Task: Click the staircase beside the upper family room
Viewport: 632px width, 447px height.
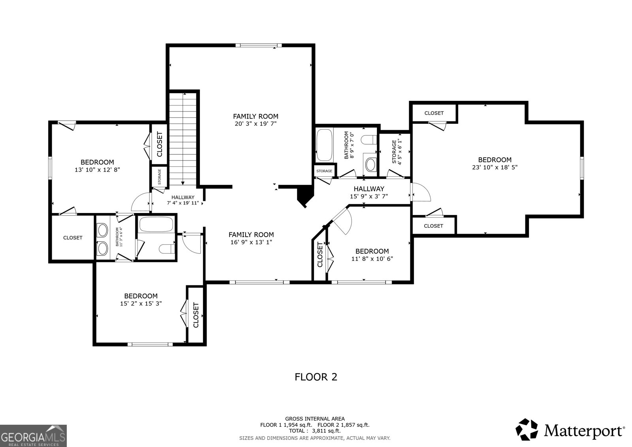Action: (183, 138)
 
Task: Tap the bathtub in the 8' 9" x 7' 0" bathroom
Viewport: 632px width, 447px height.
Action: (324, 145)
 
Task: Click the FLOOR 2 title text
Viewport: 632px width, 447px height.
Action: (316, 377)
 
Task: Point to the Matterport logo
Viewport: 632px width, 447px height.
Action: (570, 430)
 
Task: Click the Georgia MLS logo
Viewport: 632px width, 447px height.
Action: (33, 436)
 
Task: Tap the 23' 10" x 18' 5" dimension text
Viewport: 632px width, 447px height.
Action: (495, 167)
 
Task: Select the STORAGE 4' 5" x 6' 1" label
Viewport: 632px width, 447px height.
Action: (397, 152)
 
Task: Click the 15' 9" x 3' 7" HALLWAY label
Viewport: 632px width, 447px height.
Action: (369, 192)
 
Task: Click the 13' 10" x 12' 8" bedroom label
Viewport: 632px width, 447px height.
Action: (97, 166)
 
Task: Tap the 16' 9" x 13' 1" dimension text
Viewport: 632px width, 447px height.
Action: (251, 242)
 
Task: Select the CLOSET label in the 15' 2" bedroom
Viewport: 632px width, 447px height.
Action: (196, 315)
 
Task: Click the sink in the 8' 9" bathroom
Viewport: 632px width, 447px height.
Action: (371, 164)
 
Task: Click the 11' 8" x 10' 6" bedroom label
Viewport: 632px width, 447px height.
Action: (372, 255)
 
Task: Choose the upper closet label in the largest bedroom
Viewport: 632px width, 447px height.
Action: (434, 113)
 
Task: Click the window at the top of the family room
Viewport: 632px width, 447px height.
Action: (258, 45)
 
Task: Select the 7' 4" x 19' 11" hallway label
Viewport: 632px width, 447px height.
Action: (183, 200)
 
